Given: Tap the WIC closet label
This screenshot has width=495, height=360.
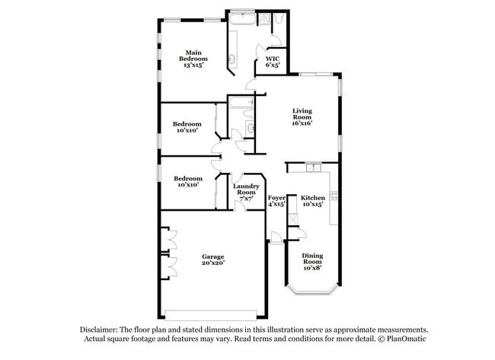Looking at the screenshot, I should click(272, 62).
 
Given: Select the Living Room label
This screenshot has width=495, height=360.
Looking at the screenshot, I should click(302, 116).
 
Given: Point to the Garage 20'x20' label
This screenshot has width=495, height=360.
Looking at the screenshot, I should click(212, 259).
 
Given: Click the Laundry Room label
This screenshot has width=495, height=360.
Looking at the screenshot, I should click(246, 193).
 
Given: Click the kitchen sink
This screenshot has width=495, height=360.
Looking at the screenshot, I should click(312, 167).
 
